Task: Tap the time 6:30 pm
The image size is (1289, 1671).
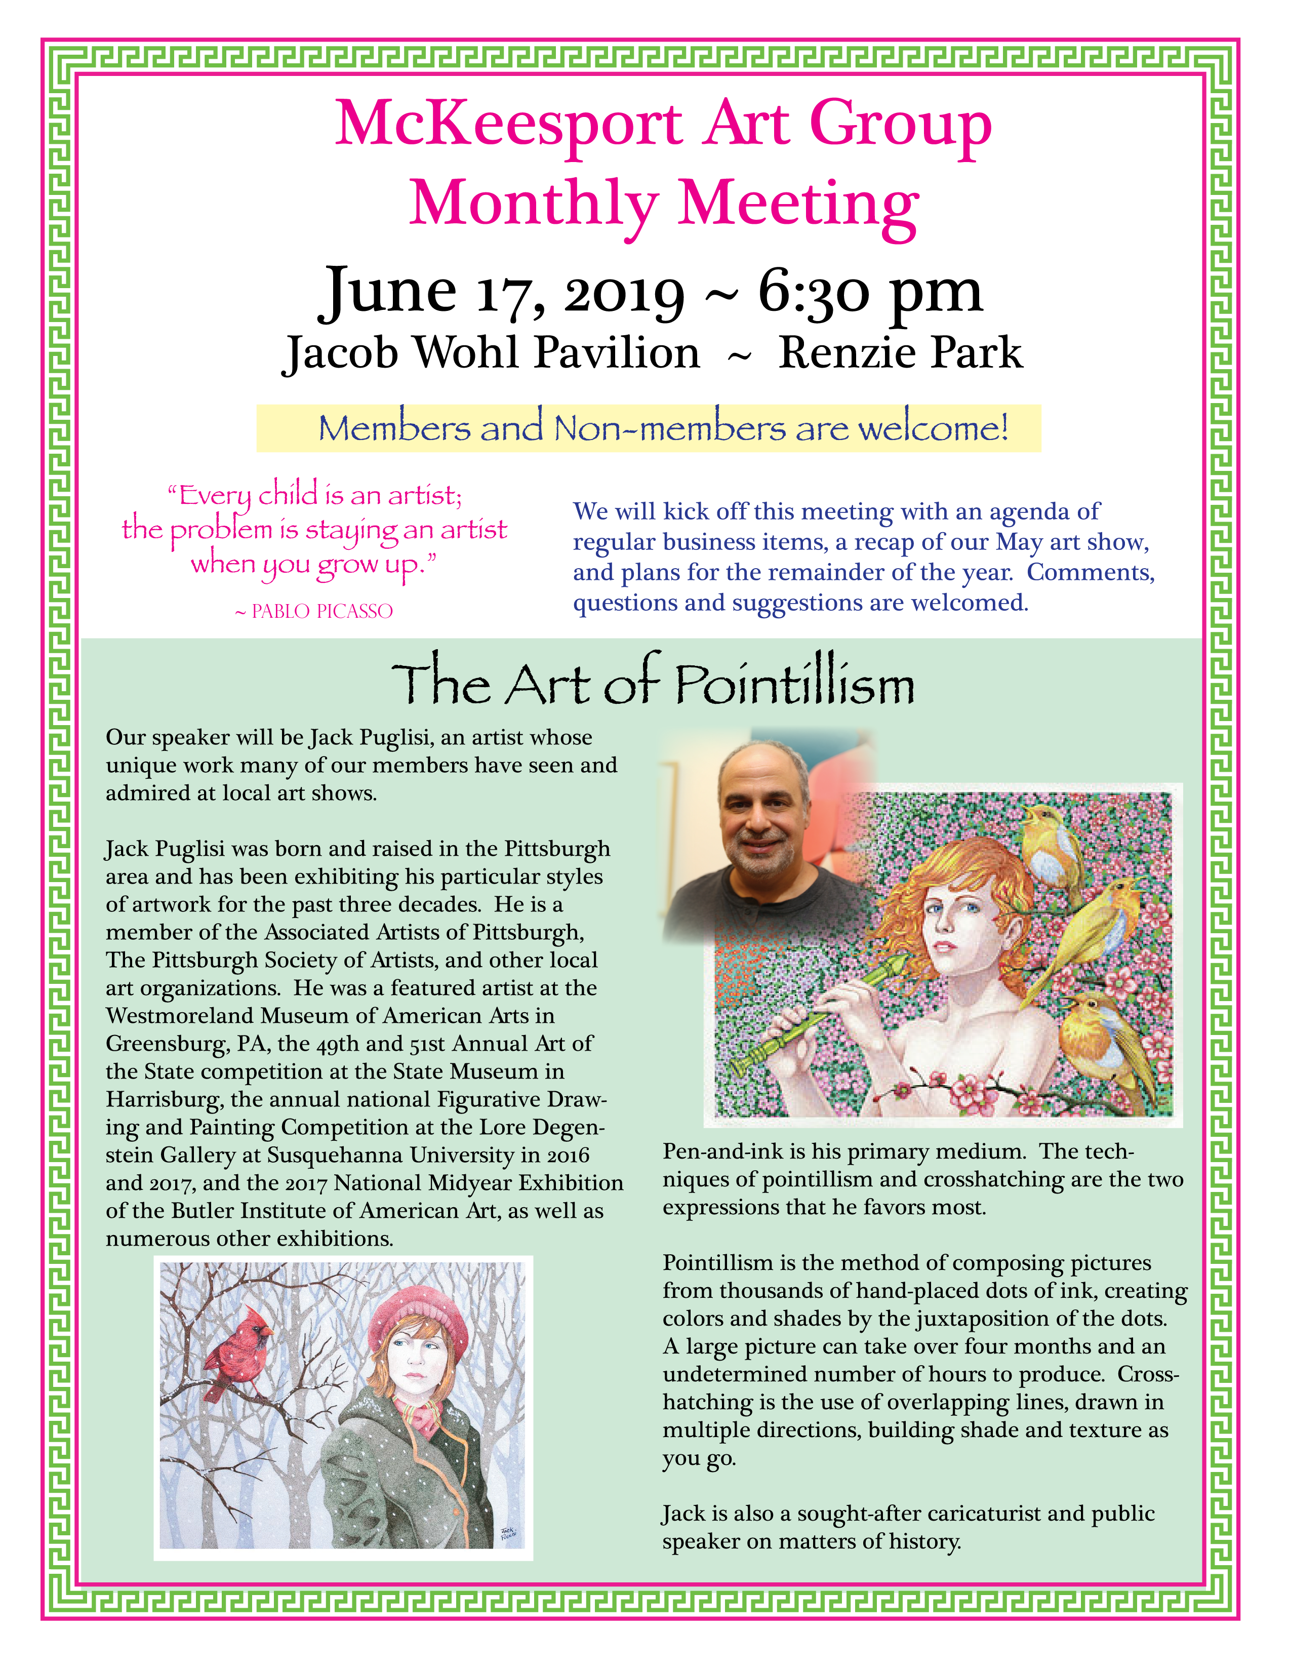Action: (x=870, y=292)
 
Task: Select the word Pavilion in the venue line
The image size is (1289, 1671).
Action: (x=617, y=353)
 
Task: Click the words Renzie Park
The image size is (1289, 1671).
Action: (x=900, y=353)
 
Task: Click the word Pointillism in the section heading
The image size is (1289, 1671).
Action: (x=795, y=685)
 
